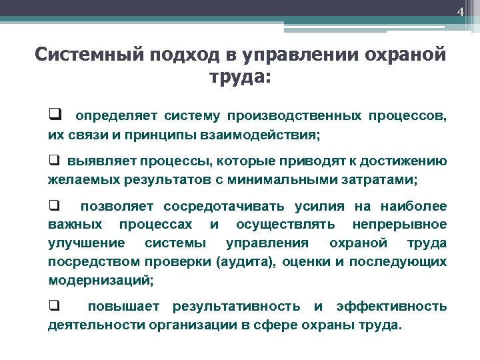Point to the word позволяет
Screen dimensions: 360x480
pyautogui.click(x=117, y=207)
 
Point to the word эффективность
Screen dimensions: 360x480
pyautogui.click(x=391, y=307)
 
